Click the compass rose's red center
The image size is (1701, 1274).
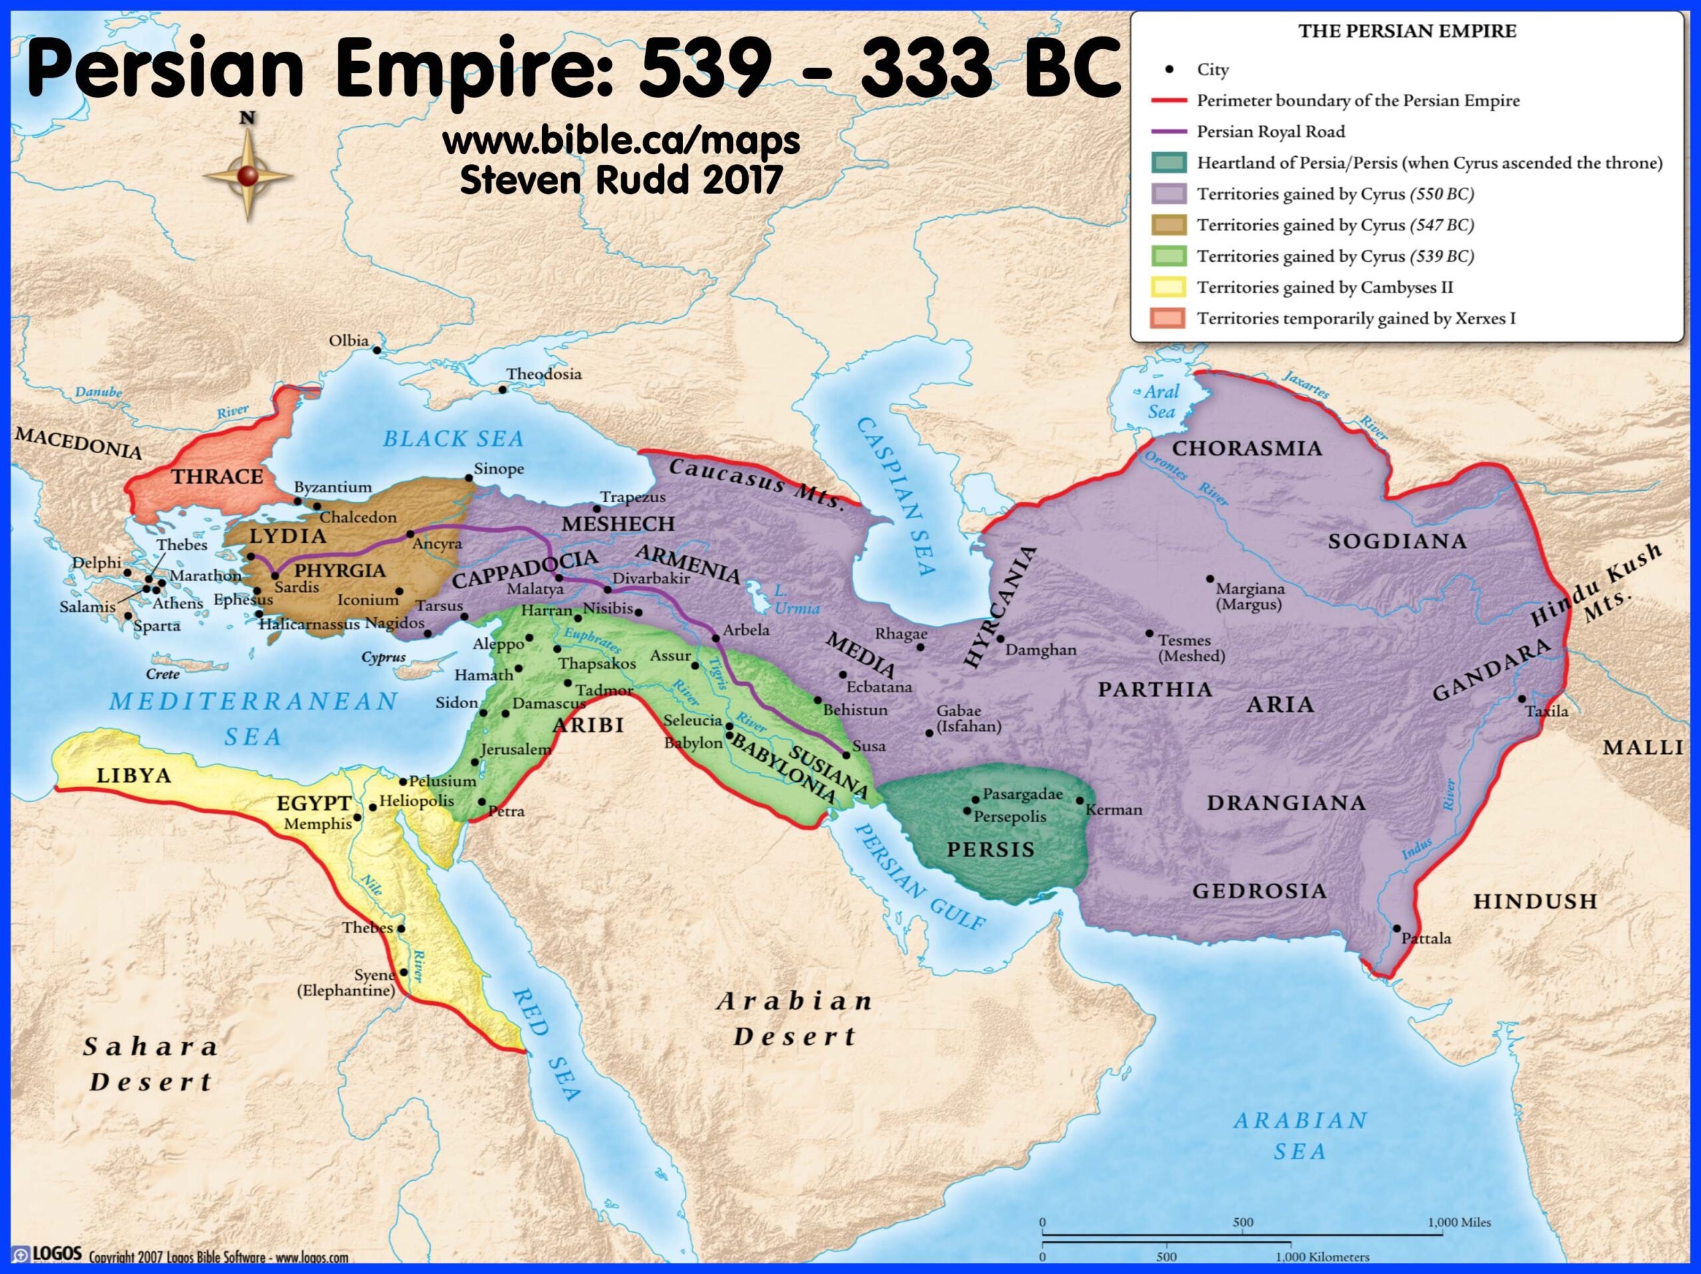(x=248, y=176)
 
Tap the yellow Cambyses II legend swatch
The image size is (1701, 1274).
(x=1168, y=288)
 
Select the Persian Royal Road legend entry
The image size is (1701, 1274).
(x=1270, y=132)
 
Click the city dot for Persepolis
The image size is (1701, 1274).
(x=967, y=810)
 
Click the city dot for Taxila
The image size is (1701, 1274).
(x=1521, y=699)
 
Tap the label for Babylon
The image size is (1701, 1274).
(x=693, y=743)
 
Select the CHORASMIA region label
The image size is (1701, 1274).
(x=1246, y=448)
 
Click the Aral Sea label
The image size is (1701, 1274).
(x=1160, y=401)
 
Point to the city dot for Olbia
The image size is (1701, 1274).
(x=377, y=351)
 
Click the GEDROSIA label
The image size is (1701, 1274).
(x=1259, y=891)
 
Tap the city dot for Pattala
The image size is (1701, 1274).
(x=1397, y=929)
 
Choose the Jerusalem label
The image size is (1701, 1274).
(x=515, y=749)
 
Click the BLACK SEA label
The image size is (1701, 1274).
(x=453, y=439)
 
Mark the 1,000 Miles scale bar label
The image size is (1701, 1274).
(x=1458, y=1222)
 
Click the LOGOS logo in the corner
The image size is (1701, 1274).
(x=48, y=1254)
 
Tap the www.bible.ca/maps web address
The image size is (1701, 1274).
(x=621, y=141)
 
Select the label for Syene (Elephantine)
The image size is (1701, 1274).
(x=348, y=982)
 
